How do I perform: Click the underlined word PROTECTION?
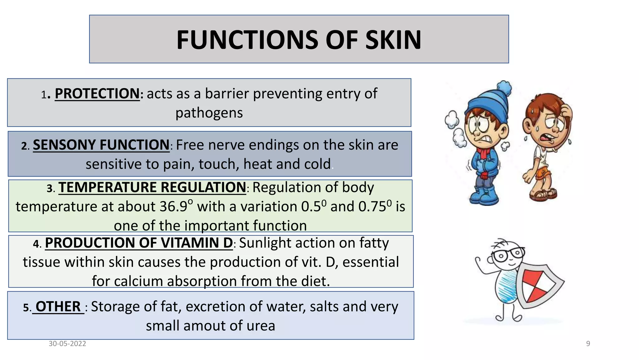(97, 93)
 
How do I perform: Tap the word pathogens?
(209, 113)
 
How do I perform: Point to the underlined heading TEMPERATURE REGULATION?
(152, 187)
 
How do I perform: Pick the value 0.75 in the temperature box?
(373, 207)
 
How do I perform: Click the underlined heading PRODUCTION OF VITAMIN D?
(139, 243)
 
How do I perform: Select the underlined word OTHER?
(58, 307)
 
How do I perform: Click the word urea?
(261, 326)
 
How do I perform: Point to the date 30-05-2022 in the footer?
(67, 344)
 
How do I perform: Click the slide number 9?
(588, 344)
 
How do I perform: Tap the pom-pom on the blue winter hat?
(504, 88)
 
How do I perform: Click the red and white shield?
(538, 286)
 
